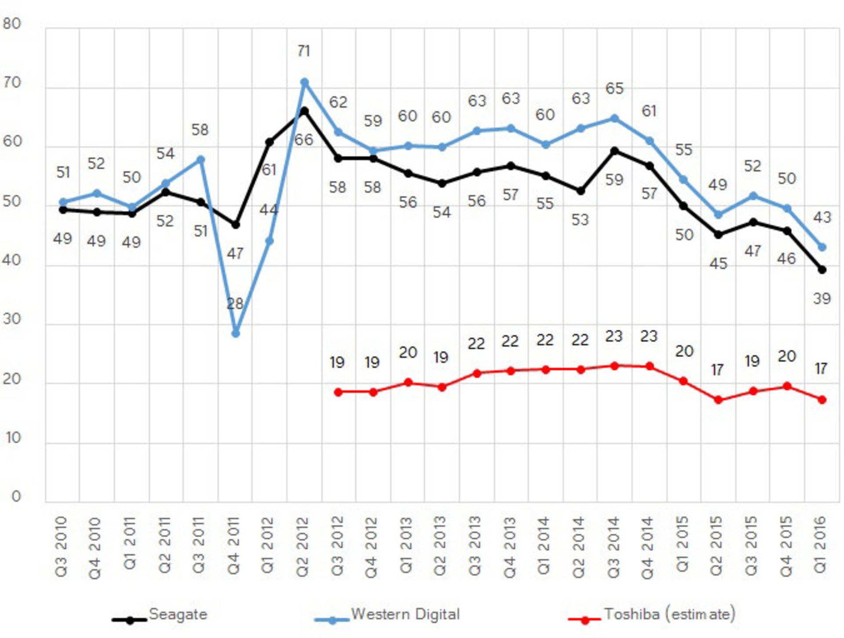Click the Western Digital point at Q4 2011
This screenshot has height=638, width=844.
[x=236, y=333]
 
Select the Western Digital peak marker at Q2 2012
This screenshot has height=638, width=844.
[x=304, y=82]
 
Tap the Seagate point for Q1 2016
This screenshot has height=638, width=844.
[x=822, y=270]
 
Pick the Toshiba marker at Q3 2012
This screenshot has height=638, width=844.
[x=338, y=392]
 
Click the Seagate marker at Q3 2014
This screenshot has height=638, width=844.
[x=615, y=151]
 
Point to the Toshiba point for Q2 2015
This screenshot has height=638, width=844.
[x=718, y=400]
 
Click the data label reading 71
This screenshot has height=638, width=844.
[x=304, y=51]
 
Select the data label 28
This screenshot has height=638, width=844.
[x=235, y=303]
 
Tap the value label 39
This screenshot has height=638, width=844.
[x=822, y=299]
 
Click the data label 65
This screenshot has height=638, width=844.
[x=615, y=88]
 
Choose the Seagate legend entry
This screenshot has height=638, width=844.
[x=178, y=614]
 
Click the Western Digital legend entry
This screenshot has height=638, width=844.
[x=405, y=614]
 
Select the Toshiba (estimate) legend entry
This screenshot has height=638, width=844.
[x=669, y=614]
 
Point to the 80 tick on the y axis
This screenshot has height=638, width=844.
[x=12, y=24]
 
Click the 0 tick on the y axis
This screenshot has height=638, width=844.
[x=16, y=496]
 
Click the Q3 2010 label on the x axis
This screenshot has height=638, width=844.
[x=62, y=546]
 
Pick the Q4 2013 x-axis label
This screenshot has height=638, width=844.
[x=510, y=547]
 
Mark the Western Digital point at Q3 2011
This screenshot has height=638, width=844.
[x=200, y=160]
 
